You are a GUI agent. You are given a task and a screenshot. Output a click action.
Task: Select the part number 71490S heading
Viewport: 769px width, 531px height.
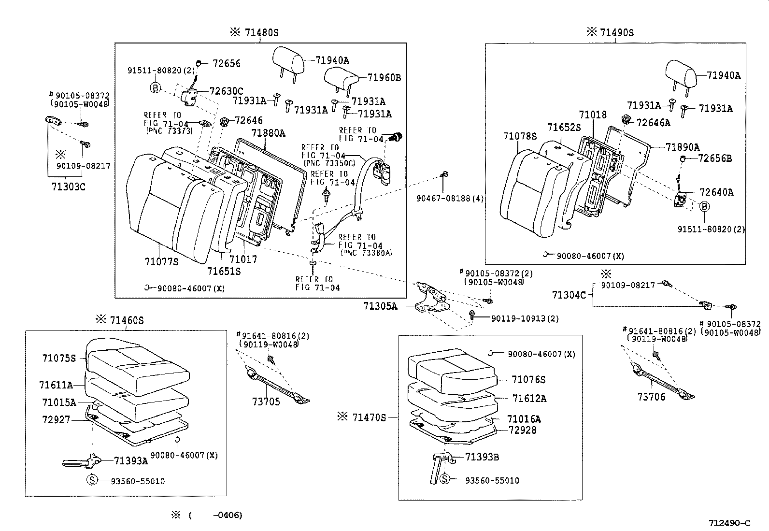click(x=617, y=33)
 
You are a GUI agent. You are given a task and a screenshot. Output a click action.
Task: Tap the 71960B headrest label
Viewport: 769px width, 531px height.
click(x=384, y=78)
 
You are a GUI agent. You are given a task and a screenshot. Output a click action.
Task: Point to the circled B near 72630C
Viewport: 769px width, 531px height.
click(x=156, y=88)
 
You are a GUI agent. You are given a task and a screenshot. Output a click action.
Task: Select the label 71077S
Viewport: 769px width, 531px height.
click(x=161, y=262)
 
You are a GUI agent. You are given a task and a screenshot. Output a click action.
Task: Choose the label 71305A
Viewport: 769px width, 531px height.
click(x=381, y=306)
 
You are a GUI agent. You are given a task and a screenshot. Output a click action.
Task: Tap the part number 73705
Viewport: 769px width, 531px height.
click(x=266, y=402)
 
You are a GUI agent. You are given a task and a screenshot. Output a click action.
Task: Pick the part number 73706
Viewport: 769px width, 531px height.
click(x=651, y=397)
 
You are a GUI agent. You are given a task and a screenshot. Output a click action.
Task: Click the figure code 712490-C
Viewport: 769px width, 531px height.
click(x=729, y=523)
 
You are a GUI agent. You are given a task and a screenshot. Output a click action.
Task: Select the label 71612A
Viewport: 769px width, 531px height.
click(x=529, y=398)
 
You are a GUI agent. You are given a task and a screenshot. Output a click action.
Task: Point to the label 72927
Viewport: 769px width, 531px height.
click(x=56, y=420)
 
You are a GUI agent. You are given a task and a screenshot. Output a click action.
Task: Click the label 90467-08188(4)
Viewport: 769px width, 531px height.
click(x=450, y=199)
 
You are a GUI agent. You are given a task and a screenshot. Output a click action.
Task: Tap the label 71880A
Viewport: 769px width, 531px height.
click(x=268, y=133)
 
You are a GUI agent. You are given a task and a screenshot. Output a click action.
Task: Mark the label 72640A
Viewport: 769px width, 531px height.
click(x=716, y=192)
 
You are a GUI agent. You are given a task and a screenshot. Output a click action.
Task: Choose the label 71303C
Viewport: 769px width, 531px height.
click(x=68, y=187)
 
